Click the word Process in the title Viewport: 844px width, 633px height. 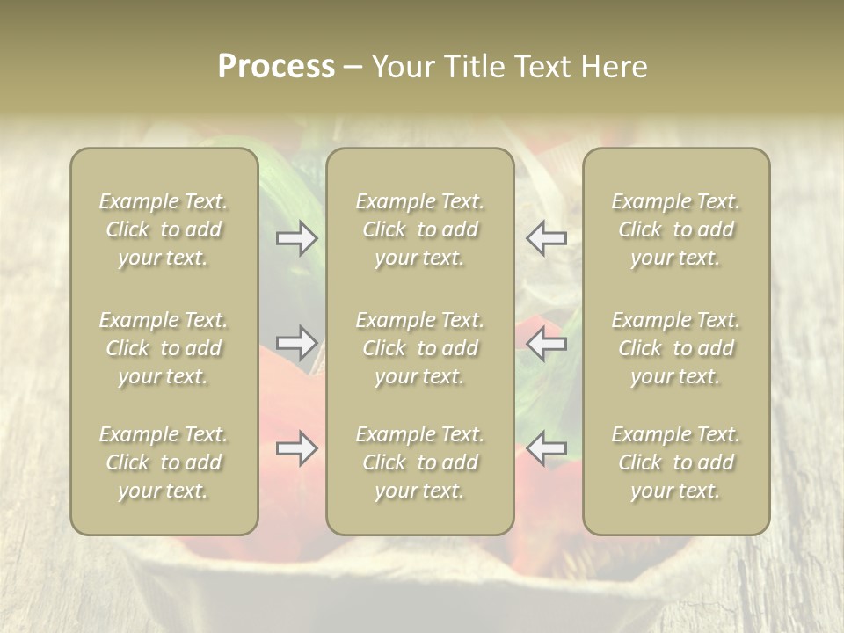(x=276, y=67)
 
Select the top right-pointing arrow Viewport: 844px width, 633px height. (x=297, y=238)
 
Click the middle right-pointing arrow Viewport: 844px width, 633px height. (x=297, y=343)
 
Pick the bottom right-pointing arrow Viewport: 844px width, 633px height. (x=297, y=449)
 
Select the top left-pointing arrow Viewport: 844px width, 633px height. (x=546, y=238)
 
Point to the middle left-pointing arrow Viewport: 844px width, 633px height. (x=546, y=343)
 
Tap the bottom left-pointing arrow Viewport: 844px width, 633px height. (x=546, y=449)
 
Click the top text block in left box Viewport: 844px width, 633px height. (x=164, y=229)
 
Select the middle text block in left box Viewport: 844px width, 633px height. (x=164, y=348)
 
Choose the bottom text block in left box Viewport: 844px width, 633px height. (x=164, y=462)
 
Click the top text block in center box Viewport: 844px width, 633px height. (x=420, y=229)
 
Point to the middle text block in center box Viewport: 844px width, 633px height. (x=420, y=348)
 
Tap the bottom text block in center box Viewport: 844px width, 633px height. (x=420, y=462)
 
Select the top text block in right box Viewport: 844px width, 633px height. (x=676, y=229)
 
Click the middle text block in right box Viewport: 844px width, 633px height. (x=676, y=348)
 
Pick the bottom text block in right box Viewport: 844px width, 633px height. (x=676, y=462)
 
